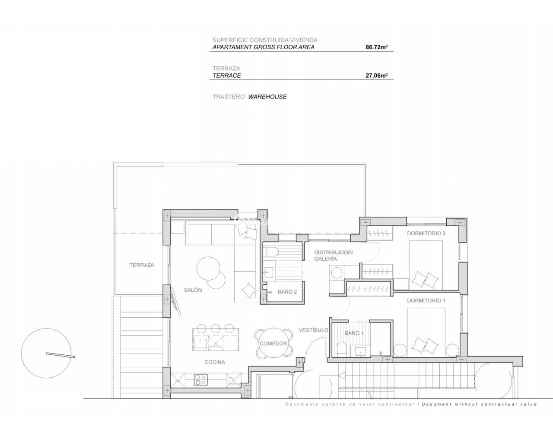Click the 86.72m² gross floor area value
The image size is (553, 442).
pos(376,47)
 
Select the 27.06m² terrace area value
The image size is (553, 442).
pos(376,76)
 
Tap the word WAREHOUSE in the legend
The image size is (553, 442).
pos(267,97)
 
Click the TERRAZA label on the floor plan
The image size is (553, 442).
pos(142,265)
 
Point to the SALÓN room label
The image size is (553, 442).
pos(193,290)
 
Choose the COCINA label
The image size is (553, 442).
pos(215,362)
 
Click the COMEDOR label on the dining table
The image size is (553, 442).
pos(273,344)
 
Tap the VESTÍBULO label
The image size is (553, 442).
pos(313,330)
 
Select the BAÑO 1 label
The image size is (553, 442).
pos(354,333)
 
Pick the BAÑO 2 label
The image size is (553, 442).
pos(287,292)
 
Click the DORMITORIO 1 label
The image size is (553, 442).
pos(426,300)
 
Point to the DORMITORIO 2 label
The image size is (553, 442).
pos(426,233)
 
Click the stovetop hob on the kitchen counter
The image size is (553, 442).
pos(200,379)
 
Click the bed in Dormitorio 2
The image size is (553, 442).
pos(426,265)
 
